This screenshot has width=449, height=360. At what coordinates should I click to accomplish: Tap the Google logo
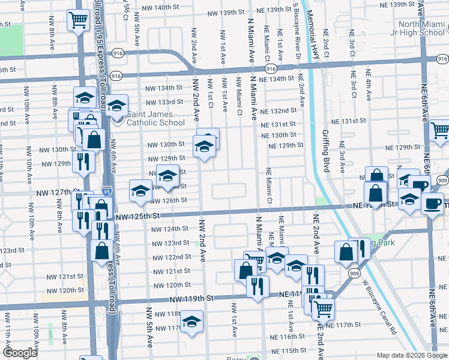pos(20,353)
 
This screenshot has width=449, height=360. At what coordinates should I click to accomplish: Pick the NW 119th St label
pos(191,298)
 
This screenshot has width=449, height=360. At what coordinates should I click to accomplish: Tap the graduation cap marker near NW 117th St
pos(192,322)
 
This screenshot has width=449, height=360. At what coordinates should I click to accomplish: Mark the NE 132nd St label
pos(280,110)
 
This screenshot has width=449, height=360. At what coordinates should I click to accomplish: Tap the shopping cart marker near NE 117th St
pos(323,308)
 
